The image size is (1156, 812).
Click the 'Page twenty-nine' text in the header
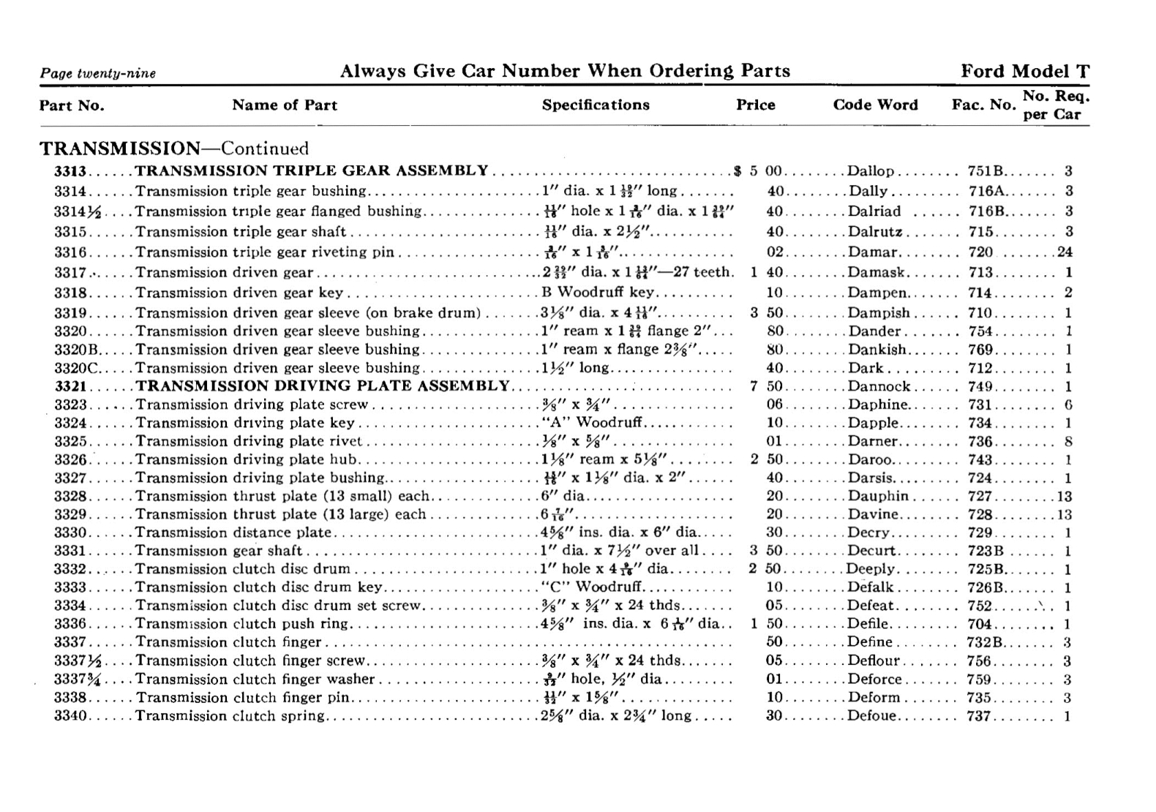(98, 73)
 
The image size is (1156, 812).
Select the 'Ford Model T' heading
(1024, 71)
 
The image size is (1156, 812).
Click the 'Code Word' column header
(875, 105)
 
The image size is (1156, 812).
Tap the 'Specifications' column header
(596, 105)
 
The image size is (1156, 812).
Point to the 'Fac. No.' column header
(983, 105)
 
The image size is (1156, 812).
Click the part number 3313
(70, 171)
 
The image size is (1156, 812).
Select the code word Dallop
(871, 171)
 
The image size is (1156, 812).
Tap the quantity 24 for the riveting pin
(1065, 252)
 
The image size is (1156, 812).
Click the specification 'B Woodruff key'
(598, 293)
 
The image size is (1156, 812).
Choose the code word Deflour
(874, 661)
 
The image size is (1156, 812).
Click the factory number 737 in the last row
(978, 715)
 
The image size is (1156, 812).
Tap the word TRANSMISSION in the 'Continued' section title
(119, 149)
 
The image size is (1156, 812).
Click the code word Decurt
(871, 551)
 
